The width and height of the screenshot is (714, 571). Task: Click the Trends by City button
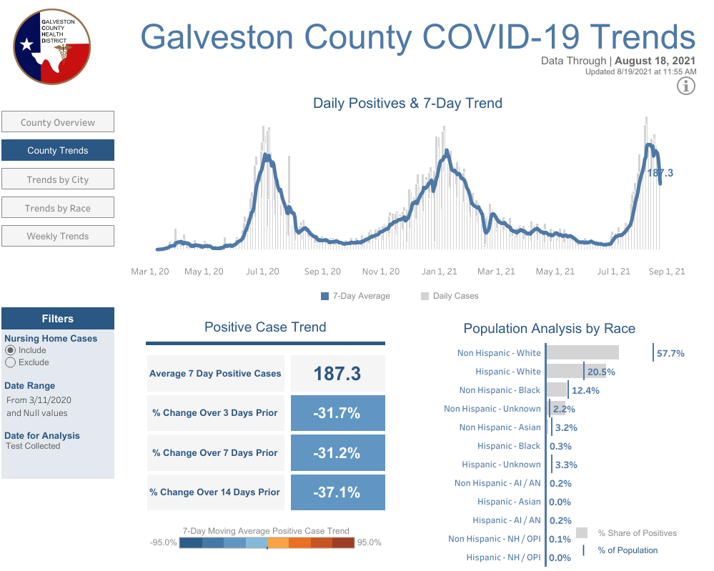(58, 179)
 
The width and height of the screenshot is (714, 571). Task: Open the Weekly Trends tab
(58, 236)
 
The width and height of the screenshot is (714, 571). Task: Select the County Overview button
(58, 122)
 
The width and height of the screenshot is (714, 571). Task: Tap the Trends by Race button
(58, 208)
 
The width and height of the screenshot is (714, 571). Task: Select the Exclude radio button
(10, 362)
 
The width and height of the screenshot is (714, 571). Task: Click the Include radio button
(10, 350)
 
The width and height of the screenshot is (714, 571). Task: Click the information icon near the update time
(685, 86)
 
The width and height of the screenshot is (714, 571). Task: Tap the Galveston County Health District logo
(52, 47)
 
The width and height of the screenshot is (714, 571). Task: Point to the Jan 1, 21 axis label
(439, 272)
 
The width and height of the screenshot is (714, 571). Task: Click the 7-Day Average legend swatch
(324, 296)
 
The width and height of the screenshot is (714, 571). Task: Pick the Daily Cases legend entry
(450, 296)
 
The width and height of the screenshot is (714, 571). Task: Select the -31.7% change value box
(338, 413)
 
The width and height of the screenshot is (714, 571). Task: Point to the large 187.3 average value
(337, 373)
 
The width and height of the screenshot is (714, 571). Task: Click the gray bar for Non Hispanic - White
(583, 352)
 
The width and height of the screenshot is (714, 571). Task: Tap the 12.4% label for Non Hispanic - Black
(585, 390)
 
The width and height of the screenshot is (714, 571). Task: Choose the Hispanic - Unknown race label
(501, 465)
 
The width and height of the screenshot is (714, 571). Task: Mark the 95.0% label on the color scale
(370, 542)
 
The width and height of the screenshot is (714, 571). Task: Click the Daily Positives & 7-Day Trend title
(407, 104)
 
